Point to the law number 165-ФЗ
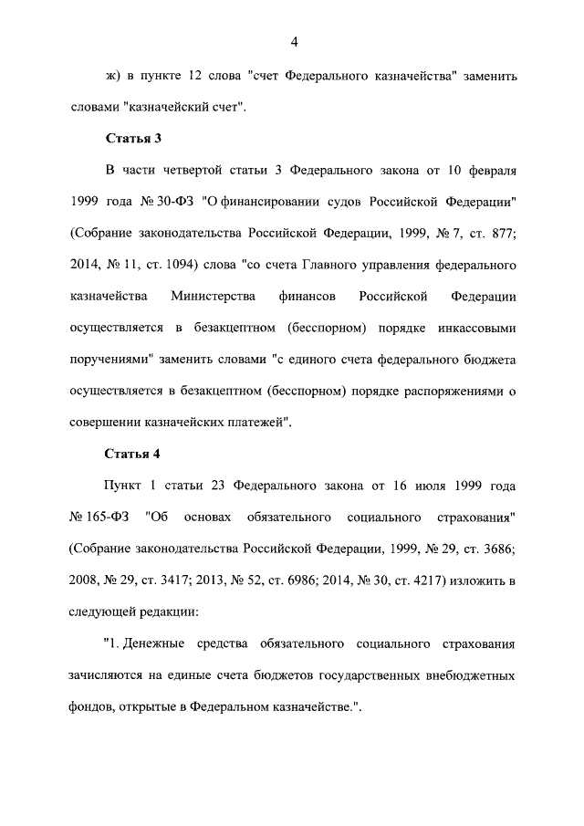(101, 516)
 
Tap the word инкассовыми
(473, 326)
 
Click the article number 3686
(497, 548)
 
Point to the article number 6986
(339, 579)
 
